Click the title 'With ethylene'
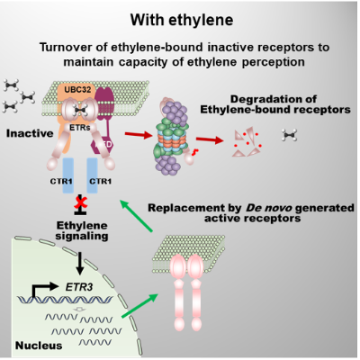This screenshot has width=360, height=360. click(182, 20)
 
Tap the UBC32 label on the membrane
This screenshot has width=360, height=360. click(77, 90)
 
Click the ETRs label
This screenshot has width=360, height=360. click(79, 128)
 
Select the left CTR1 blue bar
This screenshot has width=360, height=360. click(68, 175)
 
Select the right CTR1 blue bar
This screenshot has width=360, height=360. click(92, 175)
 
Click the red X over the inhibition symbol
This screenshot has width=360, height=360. click(80, 202)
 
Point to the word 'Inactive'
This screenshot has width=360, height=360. click(30, 133)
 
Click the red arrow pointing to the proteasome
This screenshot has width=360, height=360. click(139, 135)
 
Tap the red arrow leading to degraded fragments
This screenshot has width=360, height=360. click(210, 139)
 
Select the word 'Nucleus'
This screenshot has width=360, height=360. click(39, 346)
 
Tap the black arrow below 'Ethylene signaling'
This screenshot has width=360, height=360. click(80, 264)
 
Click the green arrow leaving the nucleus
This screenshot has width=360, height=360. click(139, 305)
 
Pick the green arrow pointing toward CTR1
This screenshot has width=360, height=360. click(137, 216)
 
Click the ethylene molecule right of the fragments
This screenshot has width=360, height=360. click(290, 135)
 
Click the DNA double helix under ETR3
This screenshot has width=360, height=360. click(65, 299)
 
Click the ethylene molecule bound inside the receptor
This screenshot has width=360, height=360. click(80, 111)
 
